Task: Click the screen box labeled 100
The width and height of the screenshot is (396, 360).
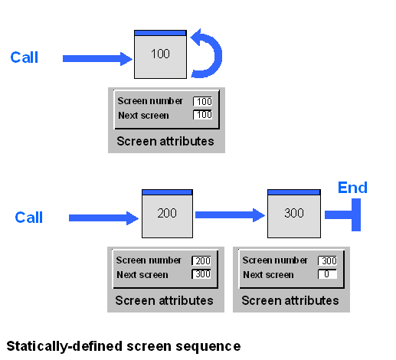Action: [x=160, y=54]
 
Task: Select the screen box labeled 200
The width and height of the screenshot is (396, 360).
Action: [x=166, y=214]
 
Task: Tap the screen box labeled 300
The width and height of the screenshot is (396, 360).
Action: [x=293, y=214]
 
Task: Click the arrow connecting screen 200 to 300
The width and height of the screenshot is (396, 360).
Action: [x=229, y=214]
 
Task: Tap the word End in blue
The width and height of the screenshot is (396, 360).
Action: [x=352, y=188]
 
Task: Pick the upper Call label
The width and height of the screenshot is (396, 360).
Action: [x=24, y=57]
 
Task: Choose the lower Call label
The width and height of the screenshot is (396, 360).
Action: [x=29, y=218]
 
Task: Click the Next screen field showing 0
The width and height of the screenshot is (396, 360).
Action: [x=327, y=275]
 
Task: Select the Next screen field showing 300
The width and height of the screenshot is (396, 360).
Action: [x=201, y=275]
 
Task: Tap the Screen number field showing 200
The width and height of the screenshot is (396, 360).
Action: [x=201, y=261]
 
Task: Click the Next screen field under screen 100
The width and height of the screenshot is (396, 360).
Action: [x=202, y=115]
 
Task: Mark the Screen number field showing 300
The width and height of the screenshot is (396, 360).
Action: [x=327, y=261]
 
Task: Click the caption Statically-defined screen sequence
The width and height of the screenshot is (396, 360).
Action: [x=123, y=346]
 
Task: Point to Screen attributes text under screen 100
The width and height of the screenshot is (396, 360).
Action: [x=165, y=142]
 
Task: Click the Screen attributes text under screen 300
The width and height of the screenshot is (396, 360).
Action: [x=290, y=300]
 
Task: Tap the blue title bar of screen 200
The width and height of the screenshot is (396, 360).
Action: [x=166, y=191]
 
